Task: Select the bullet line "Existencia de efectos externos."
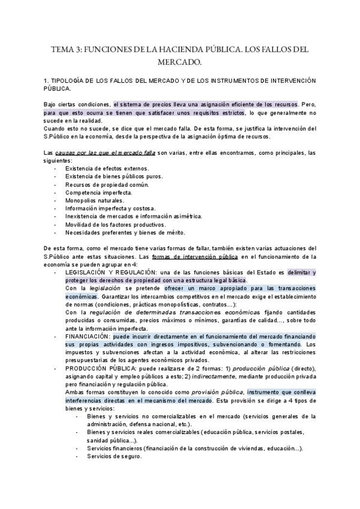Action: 108,169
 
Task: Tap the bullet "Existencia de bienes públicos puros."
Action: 116,176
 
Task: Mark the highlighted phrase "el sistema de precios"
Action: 141,103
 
